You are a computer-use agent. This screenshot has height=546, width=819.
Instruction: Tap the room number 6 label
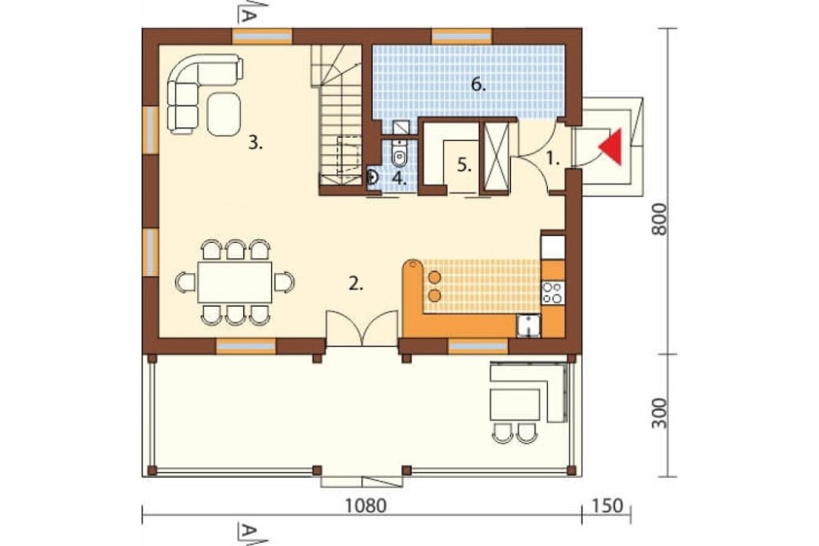478,84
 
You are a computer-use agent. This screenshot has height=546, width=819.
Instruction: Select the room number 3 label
255,143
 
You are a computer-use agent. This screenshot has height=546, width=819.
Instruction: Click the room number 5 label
464,165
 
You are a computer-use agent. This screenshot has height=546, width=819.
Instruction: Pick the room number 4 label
400,178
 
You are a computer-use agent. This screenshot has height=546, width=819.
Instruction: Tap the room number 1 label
553,158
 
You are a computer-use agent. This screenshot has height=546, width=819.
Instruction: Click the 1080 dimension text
366,506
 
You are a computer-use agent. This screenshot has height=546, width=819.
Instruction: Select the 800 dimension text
660,219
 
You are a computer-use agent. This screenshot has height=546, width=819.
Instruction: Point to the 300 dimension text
660,413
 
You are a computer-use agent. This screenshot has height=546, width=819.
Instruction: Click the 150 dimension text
609,506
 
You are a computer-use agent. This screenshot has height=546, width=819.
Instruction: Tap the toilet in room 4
400,153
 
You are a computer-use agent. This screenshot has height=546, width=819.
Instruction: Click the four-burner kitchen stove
553,292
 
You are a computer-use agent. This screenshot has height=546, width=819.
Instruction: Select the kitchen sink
528,325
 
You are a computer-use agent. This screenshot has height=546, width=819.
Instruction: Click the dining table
234,282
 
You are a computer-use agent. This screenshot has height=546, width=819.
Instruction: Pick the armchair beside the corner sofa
224,114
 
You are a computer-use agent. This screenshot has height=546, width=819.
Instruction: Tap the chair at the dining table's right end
284,282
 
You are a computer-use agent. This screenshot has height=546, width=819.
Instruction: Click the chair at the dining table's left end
186,282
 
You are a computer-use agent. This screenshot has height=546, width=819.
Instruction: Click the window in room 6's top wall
462,37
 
